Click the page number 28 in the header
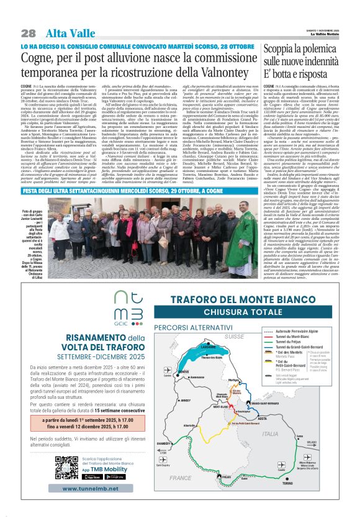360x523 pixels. coord(28,33)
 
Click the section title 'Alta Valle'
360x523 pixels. coord(66,33)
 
